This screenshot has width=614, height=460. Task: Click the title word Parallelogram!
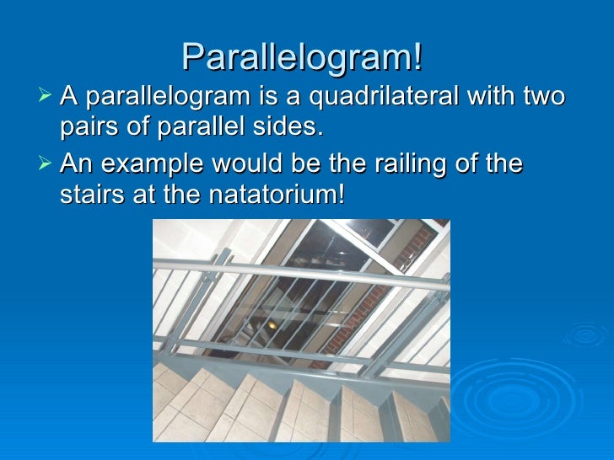pyautogui.click(x=301, y=57)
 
